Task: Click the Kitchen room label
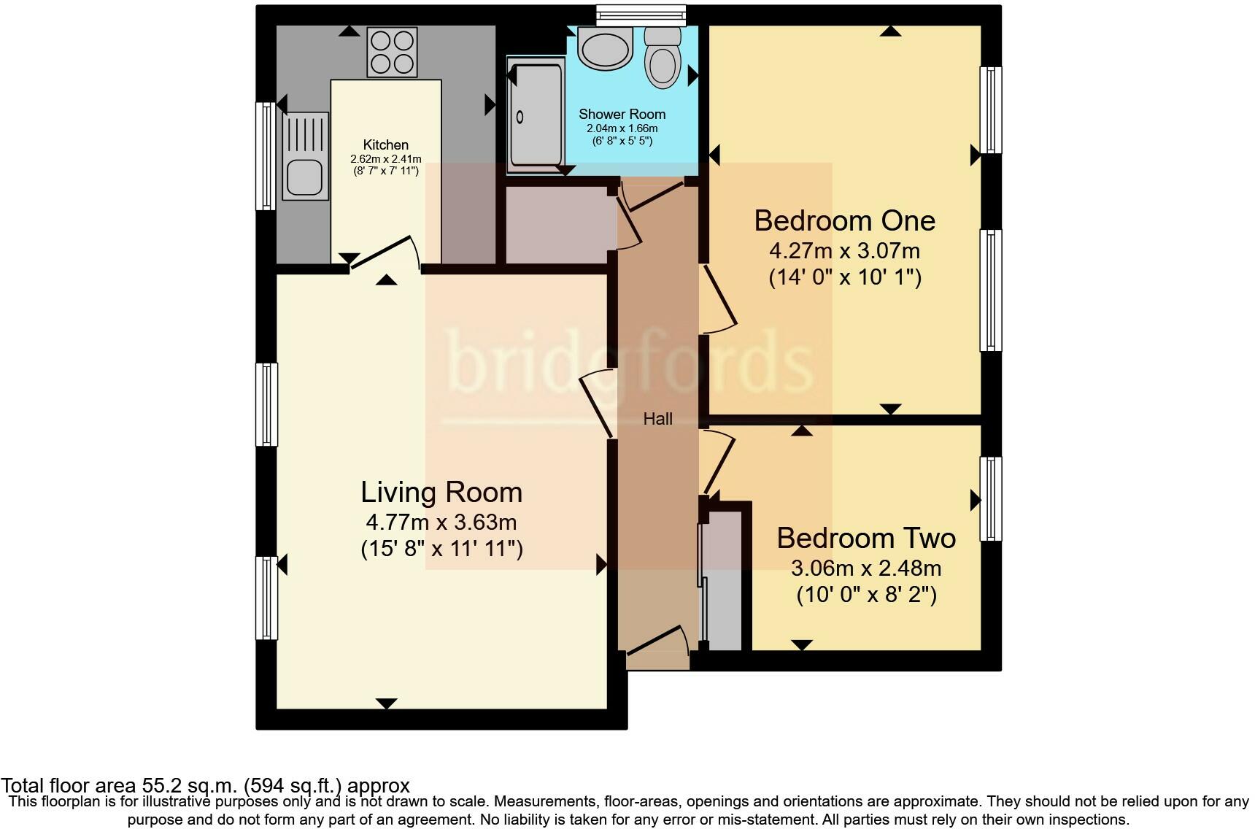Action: tap(385, 144)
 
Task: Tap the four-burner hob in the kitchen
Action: tap(393, 52)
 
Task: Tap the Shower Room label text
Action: tap(622, 115)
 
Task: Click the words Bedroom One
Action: tap(844, 220)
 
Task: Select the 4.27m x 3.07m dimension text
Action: tap(844, 251)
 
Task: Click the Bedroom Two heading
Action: tap(865, 538)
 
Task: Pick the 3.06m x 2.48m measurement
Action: tap(865, 568)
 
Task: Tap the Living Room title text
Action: tap(441, 492)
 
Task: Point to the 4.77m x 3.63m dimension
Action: tap(441, 523)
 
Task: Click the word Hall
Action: tap(657, 419)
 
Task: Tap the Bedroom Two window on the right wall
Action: tap(990, 498)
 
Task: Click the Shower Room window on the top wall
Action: tap(641, 15)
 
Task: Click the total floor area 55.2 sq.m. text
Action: tap(205, 786)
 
